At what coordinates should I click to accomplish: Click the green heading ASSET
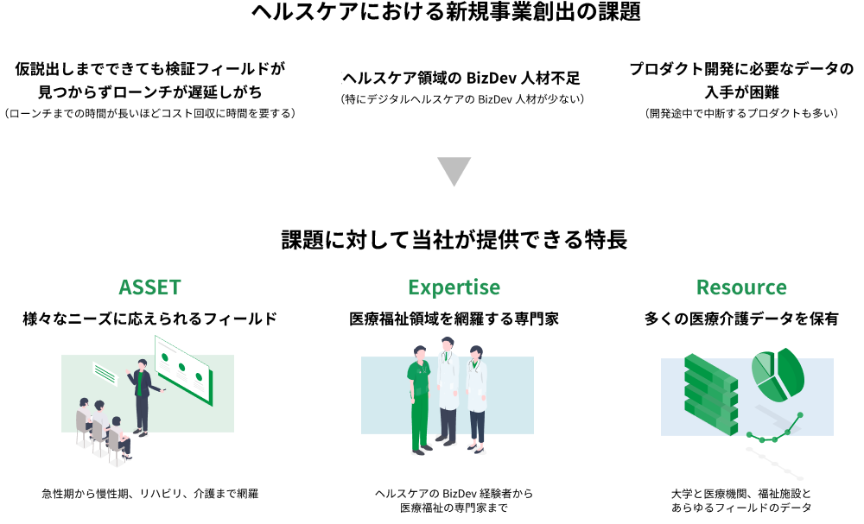[x=150, y=287]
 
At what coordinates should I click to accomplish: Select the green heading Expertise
[x=454, y=287]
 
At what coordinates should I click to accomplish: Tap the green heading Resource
[x=741, y=287]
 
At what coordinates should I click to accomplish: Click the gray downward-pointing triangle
[x=454, y=171]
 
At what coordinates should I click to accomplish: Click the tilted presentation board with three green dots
[x=183, y=369]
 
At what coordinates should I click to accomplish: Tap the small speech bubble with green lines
[x=105, y=373]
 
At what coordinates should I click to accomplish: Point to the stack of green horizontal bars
[x=710, y=394]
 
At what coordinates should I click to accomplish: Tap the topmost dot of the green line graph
[x=800, y=415]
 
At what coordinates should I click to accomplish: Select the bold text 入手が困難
[x=740, y=92]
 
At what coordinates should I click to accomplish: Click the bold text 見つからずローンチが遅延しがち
[x=150, y=92]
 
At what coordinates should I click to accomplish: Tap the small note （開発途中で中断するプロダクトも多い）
[x=740, y=113]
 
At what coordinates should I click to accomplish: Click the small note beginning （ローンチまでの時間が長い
[x=150, y=113]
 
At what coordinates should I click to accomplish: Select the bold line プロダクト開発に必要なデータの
[x=740, y=69]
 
